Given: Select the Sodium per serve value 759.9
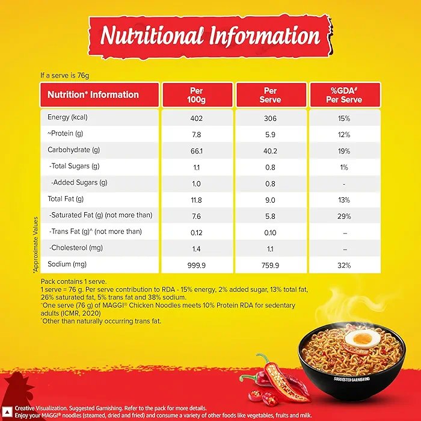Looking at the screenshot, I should (x=270, y=265).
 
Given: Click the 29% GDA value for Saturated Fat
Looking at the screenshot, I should (x=344, y=215).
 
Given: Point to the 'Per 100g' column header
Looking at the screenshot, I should (x=197, y=95).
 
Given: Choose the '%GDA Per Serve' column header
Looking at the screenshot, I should (x=344, y=95).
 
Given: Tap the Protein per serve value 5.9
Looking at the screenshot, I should (x=270, y=134).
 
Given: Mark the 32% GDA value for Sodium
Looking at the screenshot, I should (x=344, y=265).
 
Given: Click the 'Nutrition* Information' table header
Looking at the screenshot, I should (x=93, y=95).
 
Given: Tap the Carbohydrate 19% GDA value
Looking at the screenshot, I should (x=344, y=150).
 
